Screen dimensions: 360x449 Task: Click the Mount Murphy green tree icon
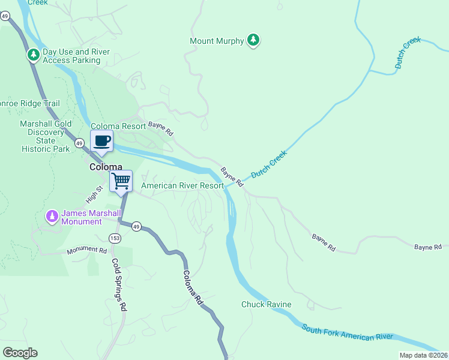(x=254, y=41)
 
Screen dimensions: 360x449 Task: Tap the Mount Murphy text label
(x=217, y=41)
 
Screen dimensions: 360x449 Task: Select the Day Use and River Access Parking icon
(x=33, y=55)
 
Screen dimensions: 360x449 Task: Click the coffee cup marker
(x=101, y=142)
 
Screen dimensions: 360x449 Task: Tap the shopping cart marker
(x=121, y=181)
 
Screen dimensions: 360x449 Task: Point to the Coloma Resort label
(x=118, y=127)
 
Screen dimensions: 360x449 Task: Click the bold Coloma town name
(x=106, y=167)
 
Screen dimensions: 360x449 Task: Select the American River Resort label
(x=182, y=186)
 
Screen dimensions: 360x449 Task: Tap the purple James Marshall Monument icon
(x=53, y=215)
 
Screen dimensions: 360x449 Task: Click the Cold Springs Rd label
(x=118, y=284)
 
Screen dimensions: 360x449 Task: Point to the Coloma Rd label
(x=194, y=283)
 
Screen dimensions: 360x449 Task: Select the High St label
(x=95, y=193)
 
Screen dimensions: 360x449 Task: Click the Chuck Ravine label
(x=267, y=304)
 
